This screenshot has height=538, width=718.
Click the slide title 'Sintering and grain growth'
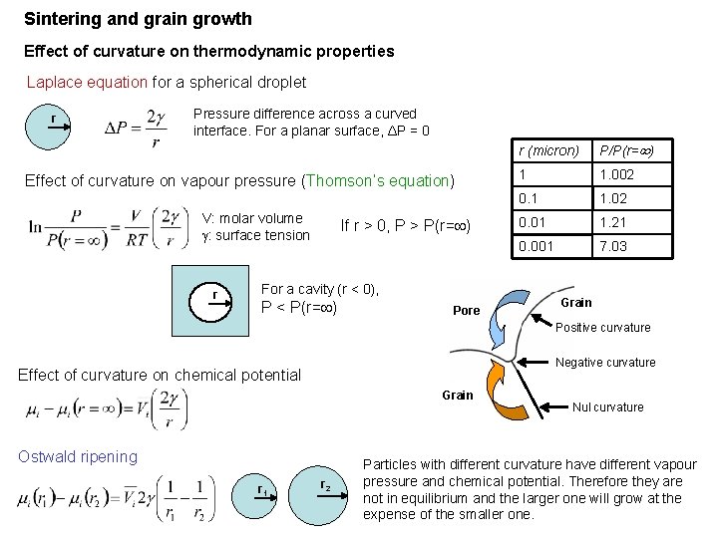click(x=138, y=19)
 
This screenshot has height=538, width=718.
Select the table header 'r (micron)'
click(x=548, y=151)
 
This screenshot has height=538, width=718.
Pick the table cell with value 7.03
click(x=612, y=246)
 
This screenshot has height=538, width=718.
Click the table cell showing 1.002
click(x=617, y=174)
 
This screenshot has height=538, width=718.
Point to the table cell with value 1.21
click(x=612, y=222)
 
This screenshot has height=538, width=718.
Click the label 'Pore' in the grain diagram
click(x=467, y=311)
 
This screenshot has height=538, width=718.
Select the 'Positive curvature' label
click(x=602, y=328)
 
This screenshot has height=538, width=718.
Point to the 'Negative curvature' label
click(x=605, y=363)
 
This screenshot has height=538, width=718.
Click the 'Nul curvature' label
click(x=607, y=406)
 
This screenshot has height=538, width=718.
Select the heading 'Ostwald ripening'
click(x=78, y=456)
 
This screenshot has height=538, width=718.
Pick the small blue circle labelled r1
click(x=262, y=490)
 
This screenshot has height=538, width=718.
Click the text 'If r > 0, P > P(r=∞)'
click(x=405, y=225)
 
